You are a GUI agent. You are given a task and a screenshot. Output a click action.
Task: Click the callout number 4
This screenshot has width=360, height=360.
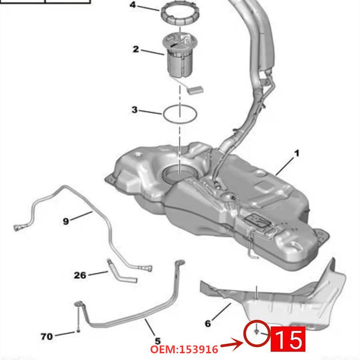coord(132,5)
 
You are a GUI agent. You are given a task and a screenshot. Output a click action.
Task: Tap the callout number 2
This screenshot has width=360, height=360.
coord(135,49)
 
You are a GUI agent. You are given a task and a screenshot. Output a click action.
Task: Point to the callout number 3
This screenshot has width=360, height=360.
coord(135,110)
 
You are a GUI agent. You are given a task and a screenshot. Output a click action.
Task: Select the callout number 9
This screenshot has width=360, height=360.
coord(66,220)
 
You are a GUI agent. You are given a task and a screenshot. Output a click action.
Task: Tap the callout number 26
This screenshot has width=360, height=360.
coord(80,274)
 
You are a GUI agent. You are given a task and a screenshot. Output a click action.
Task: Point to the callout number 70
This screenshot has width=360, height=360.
coord(46,336)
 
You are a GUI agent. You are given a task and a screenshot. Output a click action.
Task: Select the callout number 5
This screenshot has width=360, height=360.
coord(157,341)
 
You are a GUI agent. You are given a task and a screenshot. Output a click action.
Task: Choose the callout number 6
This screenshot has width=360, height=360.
coord(207,323)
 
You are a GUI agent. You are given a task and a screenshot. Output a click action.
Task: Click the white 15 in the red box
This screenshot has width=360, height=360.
coord(288,339)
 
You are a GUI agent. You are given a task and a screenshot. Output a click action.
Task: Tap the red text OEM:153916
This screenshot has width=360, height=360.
coord(184,349)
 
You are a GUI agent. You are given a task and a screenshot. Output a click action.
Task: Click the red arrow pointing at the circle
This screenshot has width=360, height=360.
coord(232,345)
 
